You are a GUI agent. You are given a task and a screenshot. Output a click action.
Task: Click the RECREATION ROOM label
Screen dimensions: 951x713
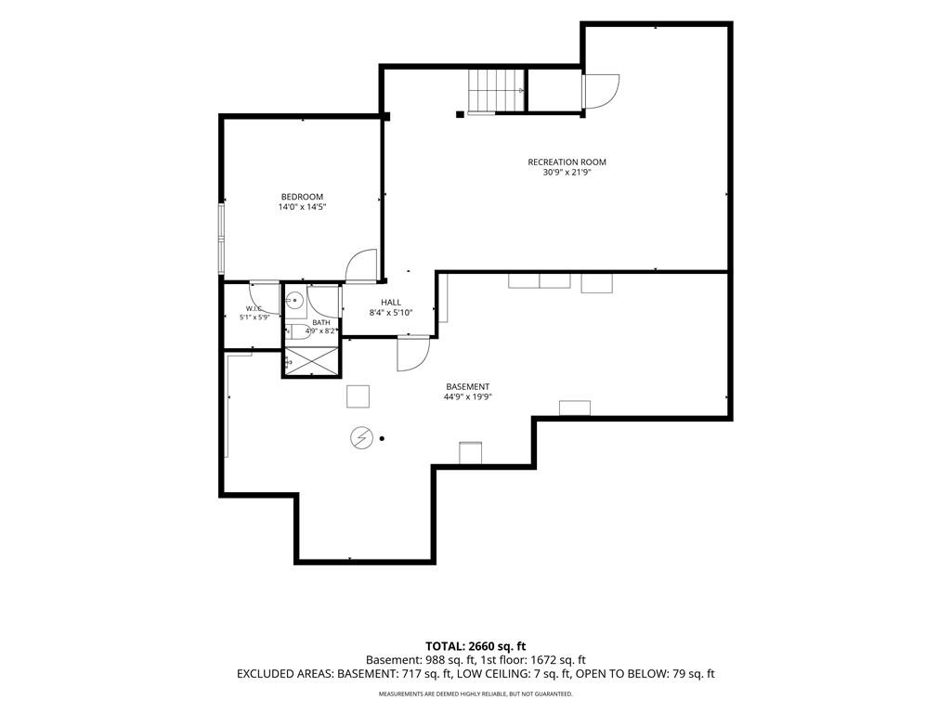click(567, 162)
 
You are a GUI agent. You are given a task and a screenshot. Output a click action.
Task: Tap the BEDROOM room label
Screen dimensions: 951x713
click(302, 197)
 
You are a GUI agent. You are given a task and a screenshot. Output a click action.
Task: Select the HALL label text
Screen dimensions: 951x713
click(391, 302)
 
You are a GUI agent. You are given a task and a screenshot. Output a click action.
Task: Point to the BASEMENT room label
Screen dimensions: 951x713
click(468, 386)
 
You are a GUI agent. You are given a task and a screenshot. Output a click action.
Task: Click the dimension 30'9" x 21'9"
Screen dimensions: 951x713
click(567, 172)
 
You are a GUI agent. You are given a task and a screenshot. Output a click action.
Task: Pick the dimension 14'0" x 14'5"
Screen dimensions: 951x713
click(302, 207)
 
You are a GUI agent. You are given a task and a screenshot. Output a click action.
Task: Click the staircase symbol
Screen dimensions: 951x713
click(496, 90)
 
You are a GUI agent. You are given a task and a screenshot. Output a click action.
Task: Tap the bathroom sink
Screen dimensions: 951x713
click(295, 300)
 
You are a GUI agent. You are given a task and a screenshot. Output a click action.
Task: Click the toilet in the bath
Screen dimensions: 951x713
click(297, 331)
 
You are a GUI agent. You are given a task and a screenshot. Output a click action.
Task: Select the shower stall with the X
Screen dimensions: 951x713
click(310, 361)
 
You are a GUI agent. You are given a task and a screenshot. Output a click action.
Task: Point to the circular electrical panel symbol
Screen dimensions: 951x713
click(361, 438)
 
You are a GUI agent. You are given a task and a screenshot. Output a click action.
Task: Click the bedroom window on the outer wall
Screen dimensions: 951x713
click(222, 240)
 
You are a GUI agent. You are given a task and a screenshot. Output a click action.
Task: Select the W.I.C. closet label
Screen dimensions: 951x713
click(254, 308)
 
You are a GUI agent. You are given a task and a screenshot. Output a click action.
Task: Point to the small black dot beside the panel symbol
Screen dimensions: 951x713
click(382, 438)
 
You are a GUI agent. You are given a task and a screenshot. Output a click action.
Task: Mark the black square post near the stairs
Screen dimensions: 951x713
click(461, 114)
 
